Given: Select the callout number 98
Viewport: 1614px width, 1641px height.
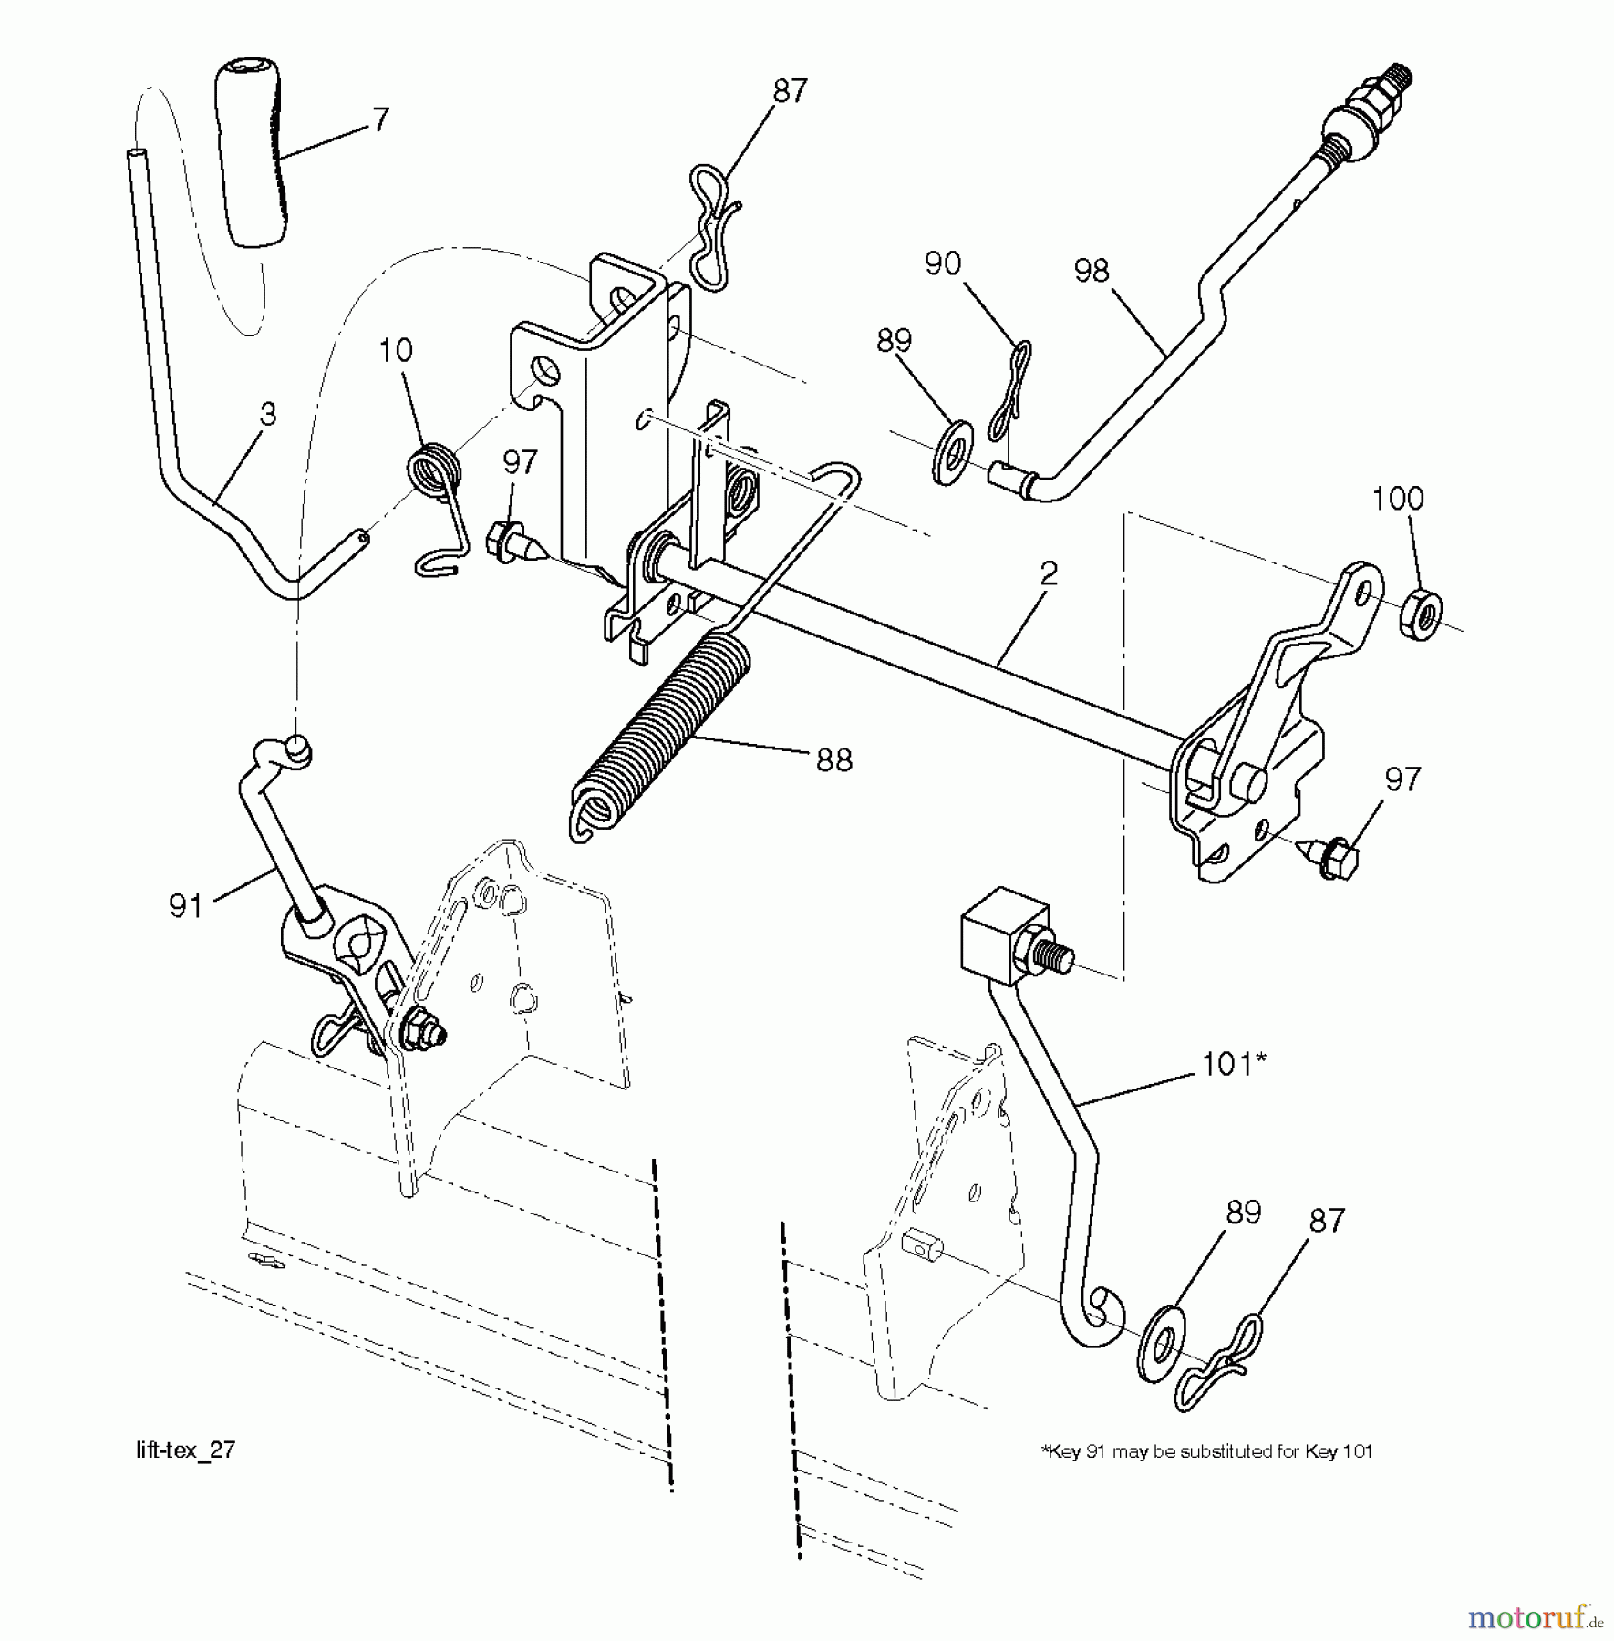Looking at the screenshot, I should pos(1092,271).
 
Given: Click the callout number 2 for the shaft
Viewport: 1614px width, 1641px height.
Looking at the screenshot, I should pos(1048,573).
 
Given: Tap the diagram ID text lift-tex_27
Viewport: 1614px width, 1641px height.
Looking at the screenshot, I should pos(186,1450).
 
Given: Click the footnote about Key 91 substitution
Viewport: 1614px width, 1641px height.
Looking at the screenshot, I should pos(1206,1451).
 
